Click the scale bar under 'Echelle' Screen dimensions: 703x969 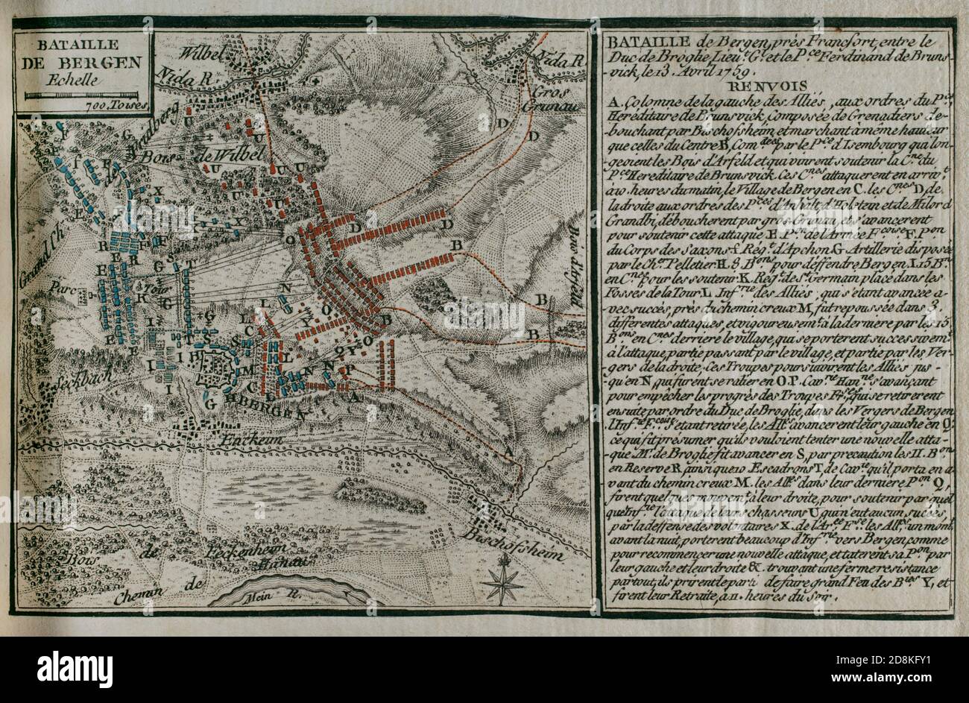tap(82, 96)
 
